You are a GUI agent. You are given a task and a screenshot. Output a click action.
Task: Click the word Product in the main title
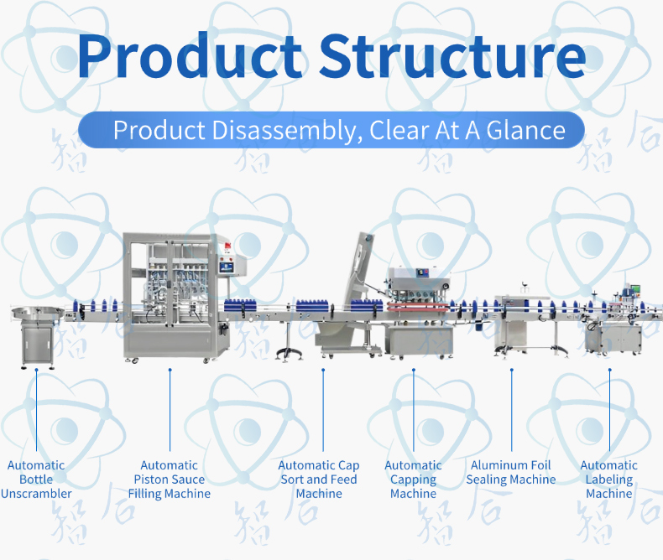(189, 55)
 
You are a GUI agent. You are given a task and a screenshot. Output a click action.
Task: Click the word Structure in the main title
(452, 55)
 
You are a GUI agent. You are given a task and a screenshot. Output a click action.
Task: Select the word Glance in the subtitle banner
(525, 130)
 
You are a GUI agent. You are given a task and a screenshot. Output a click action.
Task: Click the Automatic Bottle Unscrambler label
(36, 480)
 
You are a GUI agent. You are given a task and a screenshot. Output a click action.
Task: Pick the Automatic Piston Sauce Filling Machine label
(170, 480)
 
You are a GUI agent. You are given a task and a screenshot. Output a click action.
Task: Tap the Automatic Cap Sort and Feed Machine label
(319, 480)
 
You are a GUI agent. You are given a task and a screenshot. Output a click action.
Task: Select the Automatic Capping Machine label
(413, 480)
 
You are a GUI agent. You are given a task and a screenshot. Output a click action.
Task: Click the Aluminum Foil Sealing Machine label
(511, 472)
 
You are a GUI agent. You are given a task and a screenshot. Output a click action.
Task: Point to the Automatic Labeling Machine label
(609, 480)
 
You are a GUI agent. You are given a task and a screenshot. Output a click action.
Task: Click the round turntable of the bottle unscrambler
(38, 313)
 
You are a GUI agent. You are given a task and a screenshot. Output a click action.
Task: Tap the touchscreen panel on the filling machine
(227, 267)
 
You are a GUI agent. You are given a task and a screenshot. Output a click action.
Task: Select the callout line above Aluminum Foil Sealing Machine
(512, 411)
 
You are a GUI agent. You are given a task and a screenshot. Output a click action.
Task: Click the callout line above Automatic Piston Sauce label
(170, 411)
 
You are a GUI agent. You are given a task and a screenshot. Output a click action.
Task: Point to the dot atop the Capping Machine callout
(414, 370)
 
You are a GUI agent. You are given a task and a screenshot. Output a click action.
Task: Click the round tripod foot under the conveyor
(290, 353)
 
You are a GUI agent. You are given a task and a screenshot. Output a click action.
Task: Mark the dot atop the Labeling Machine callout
(610, 370)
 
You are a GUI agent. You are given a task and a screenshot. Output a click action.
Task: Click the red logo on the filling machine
(227, 246)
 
